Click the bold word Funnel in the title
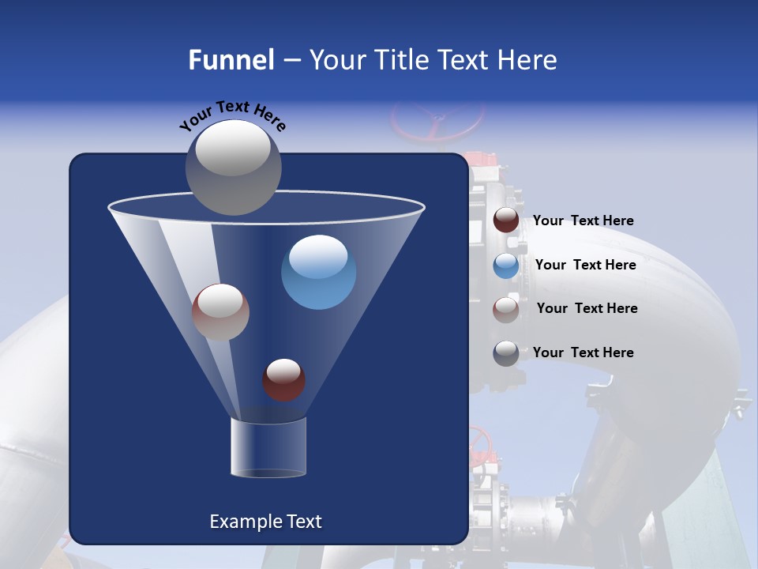tap(231, 60)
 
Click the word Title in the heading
tap(400, 60)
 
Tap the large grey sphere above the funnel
tap(234, 167)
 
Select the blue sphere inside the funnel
tap(319, 272)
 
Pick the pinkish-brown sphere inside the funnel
tap(220, 311)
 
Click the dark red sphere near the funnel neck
tap(284, 379)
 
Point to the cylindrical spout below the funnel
tap(268, 447)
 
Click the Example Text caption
tap(265, 522)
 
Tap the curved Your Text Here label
tap(232, 115)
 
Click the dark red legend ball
tap(506, 220)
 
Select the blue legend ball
tap(506, 266)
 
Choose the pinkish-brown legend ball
tap(506, 309)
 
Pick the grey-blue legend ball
tap(506, 353)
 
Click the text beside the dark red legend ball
tap(583, 221)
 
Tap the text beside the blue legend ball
tap(585, 266)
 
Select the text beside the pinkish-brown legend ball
tap(587, 309)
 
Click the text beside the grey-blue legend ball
tap(583, 352)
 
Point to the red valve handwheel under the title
tap(437, 121)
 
